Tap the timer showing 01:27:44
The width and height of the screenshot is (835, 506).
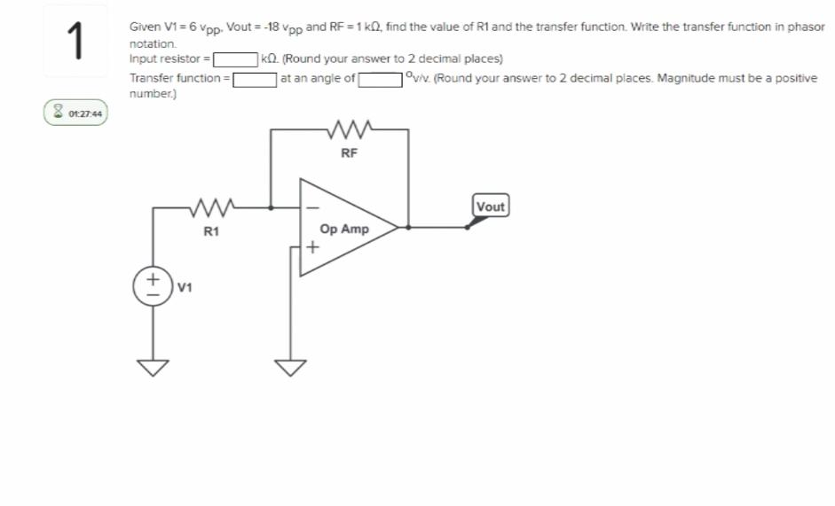[76, 113]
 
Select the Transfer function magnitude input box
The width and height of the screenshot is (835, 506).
[255, 78]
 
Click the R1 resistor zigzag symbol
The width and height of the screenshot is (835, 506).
[210, 210]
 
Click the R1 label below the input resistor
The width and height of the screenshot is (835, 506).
[210, 232]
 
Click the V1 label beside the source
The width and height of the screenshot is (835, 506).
[185, 288]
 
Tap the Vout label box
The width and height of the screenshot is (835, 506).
[490, 206]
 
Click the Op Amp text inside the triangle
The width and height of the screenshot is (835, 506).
[344, 229]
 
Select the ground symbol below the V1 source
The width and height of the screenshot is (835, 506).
[152, 366]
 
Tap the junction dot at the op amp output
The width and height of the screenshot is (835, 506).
[408, 227]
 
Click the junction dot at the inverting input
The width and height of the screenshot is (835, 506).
[272, 209]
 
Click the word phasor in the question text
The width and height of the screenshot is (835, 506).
[805, 27]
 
